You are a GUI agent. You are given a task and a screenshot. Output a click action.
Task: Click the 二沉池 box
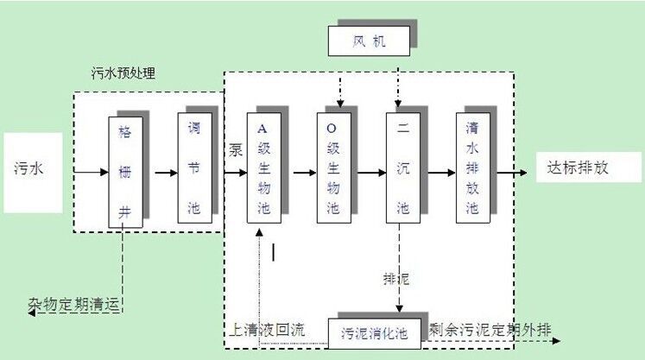pyautogui.click(x=402, y=167)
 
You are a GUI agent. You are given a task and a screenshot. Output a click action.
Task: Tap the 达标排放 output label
pyautogui.click(x=578, y=167)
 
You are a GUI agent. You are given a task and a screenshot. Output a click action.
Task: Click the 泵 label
pyautogui.click(x=235, y=149)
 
